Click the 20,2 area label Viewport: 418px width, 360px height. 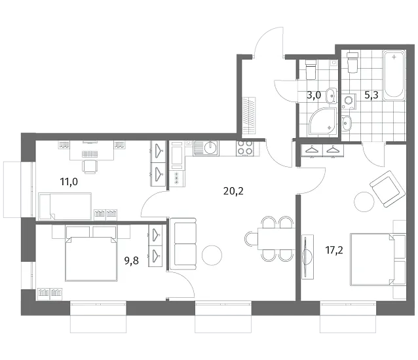(x=233, y=191)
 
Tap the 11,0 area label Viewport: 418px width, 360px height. (x=69, y=182)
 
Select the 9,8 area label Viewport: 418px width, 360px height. (x=132, y=261)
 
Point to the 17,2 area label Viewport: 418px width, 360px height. (x=334, y=250)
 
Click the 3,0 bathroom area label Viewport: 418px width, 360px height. (x=313, y=95)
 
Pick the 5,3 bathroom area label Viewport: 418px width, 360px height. (x=371, y=95)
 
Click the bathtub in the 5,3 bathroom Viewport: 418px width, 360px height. (x=394, y=75)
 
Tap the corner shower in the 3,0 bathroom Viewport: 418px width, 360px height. (x=323, y=122)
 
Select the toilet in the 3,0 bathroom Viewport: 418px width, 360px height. (x=311, y=69)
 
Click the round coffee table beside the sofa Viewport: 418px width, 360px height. (x=212, y=255)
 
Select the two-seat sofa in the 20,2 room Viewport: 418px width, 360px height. (x=183, y=244)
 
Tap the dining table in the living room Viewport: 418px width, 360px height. (x=276, y=238)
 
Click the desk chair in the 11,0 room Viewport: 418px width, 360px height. (x=90, y=166)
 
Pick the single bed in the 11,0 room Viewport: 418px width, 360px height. (x=65, y=206)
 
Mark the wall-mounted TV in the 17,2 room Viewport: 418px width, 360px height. (x=307, y=257)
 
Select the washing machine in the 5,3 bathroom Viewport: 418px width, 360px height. (x=349, y=101)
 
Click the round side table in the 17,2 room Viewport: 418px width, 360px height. (x=364, y=202)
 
